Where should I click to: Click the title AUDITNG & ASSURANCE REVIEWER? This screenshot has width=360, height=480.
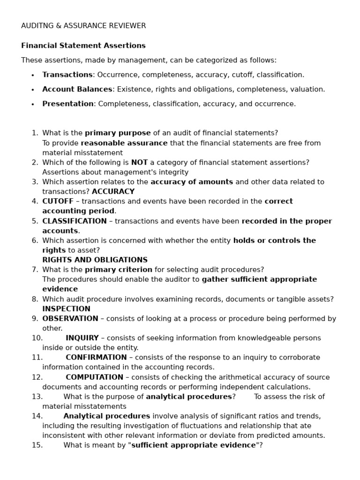pos(83,26)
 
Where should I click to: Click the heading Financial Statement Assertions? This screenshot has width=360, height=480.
pos(83,45)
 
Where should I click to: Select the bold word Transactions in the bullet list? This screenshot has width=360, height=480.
pos(67,75)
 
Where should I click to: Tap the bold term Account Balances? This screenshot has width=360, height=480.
pos(77,89)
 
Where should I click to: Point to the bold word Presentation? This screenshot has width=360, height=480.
pos(68,104)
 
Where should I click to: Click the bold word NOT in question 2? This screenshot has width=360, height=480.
pos(139,162)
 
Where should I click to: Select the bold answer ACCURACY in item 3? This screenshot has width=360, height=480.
pos(113,191)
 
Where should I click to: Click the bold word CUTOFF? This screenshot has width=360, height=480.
pos(58,201)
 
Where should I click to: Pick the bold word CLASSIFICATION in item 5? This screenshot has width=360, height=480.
pos(75,221)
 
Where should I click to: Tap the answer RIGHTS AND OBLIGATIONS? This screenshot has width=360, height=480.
pos(95,260)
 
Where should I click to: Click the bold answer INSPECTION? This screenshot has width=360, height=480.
pos(66,308)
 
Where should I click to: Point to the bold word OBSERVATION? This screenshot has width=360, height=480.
pos(70,318)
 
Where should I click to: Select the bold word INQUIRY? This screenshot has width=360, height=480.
pos(82,338)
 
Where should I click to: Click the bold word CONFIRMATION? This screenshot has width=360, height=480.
pos(96,357)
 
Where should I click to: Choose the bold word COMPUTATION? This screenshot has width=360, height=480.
pos(94,377)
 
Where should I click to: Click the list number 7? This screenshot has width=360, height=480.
pos(35,270)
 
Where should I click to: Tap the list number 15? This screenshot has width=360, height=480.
pos(37,445)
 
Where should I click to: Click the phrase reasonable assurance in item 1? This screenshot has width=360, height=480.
pos(124,143)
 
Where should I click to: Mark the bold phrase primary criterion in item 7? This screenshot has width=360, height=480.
pos(119,270)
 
